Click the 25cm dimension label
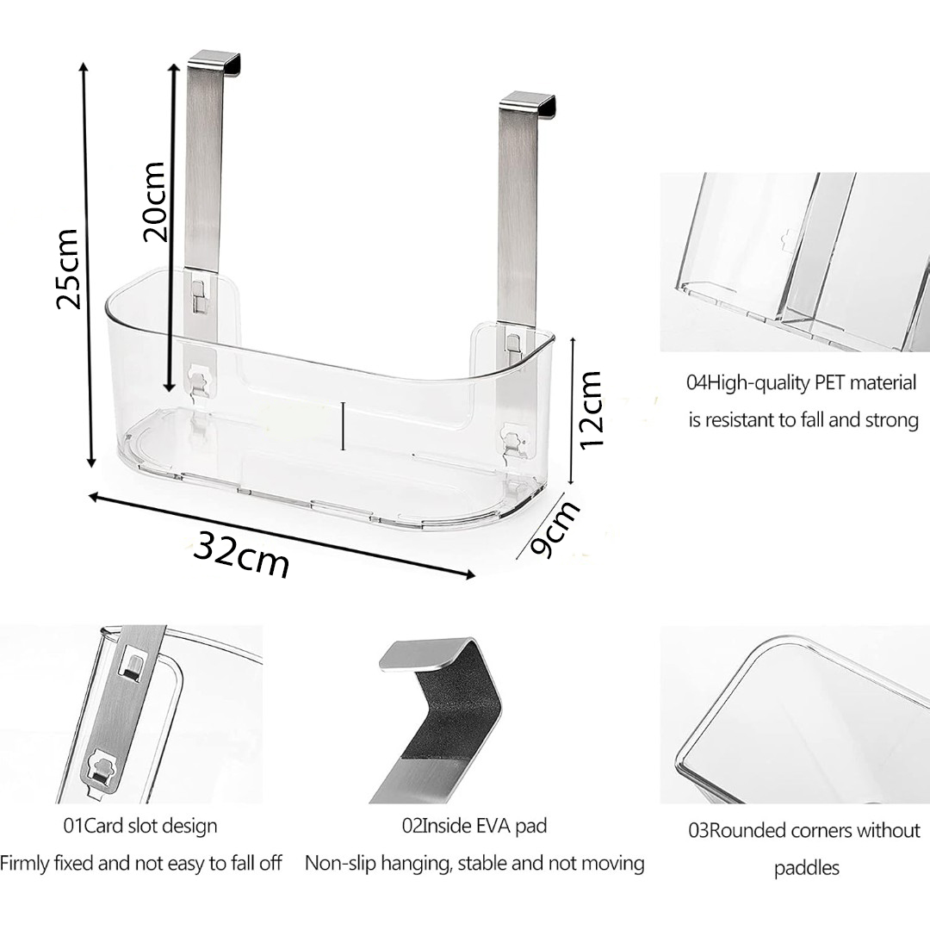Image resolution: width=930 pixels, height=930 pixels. pyautogui.click(x=68, y=268)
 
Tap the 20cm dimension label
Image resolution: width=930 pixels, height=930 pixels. pyautogui.click(x=153, y=201)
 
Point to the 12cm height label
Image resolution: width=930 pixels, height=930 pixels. pyautogui.click(x=591, y=410)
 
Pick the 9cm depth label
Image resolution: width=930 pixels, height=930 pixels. pyautogui.click(x=555, y=529)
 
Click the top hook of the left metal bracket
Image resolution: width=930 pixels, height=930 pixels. pyautogui.click(x=214, y=65)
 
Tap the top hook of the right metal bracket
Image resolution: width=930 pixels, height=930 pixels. pyautogui.click(x=527, y=103)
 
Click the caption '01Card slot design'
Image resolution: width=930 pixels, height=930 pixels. pyautogui.click(x=140, y=826)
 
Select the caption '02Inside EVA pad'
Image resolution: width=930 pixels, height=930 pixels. pyautogui.click(x=474, y=826)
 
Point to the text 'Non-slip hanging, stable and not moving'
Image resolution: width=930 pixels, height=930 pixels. pyautogui.click(x=474, y=863)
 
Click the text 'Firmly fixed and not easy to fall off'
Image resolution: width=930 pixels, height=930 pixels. pyautogui.click(x=140, y=863)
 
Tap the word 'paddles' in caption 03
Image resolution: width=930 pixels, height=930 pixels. pyautogui.click(x=807, y=868)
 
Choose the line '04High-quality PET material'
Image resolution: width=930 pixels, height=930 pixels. pyautogui.click(x=802, y=382)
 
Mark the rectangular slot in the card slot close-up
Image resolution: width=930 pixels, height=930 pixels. pyautogui.click(x=133, y=666)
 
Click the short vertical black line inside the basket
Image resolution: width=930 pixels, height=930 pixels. pyautogui.click(x=343, y=426)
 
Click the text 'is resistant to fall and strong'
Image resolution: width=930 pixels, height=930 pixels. pyautogui.click(x=803, y=420)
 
